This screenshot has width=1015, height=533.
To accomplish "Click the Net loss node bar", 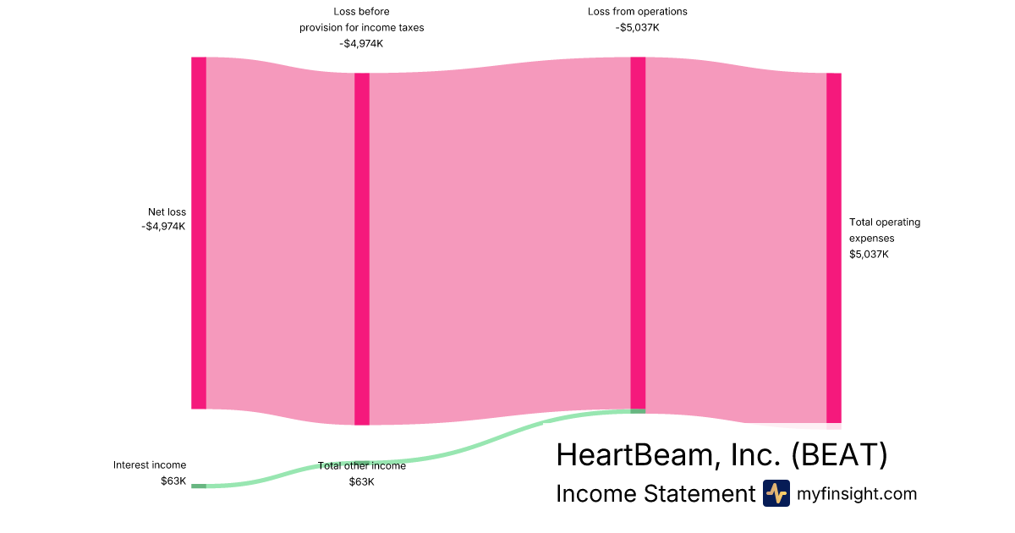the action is [199, 233].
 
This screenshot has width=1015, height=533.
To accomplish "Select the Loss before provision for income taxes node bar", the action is [362, 249].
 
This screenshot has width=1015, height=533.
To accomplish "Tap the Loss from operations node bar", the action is [638, 233].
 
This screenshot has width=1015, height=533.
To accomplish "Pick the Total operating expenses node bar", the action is [834, 248].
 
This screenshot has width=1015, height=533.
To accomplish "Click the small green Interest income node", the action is [199, 486].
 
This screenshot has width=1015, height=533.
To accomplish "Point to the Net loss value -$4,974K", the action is [163, 226].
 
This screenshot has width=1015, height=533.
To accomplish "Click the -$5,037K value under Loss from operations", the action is [637, 28].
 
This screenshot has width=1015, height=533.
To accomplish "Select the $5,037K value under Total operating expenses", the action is [869, 255].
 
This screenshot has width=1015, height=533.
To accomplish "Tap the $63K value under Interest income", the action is [173, 481].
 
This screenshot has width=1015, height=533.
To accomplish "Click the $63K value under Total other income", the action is [362, 481].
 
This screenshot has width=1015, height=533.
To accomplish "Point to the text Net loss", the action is [167, 212].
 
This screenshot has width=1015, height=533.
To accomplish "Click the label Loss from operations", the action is [637, 11].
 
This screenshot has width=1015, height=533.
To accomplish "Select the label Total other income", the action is [362, 466].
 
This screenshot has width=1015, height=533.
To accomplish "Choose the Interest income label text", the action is [150, 465].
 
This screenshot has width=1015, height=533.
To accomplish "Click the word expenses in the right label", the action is [871, 239].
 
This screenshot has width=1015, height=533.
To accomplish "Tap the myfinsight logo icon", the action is [776, 493].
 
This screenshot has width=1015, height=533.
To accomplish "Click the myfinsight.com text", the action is [856, 493].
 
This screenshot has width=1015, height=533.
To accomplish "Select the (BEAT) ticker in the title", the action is [839, 454].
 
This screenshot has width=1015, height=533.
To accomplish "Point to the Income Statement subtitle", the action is [656, 493].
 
